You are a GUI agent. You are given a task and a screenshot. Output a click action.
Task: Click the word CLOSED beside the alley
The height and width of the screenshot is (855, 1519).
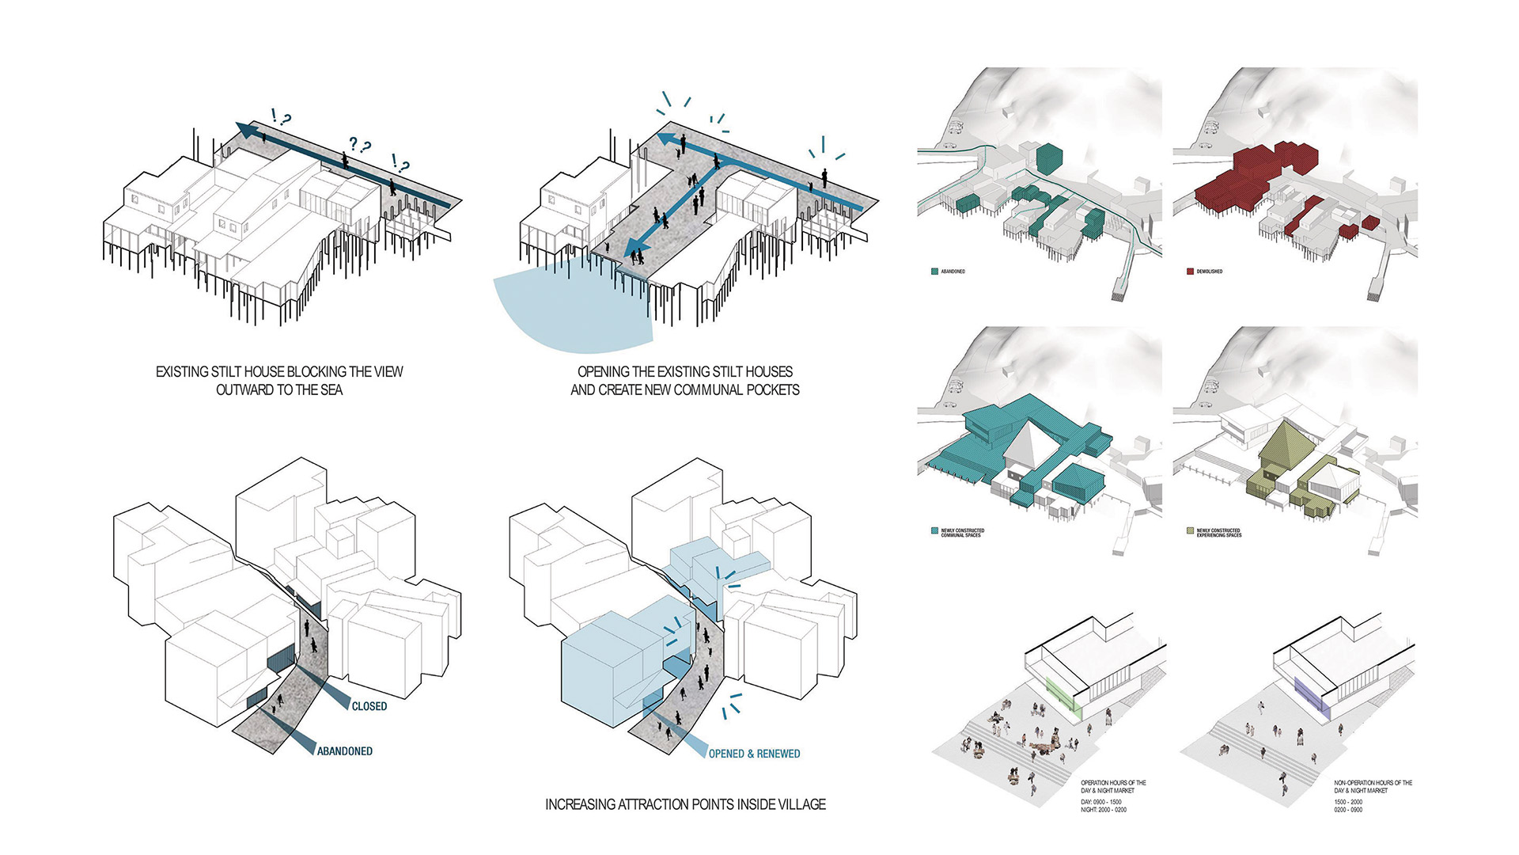point(369,706)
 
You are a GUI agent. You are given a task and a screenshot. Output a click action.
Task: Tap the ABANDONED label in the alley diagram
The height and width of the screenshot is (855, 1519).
point(345,751)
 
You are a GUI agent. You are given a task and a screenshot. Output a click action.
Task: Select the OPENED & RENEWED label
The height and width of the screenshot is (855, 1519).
point(754,754)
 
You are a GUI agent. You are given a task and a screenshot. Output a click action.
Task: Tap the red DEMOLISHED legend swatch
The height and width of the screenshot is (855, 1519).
point(1190,272)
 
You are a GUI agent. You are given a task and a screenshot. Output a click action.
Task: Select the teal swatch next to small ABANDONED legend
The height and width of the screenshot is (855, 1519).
point(934,272)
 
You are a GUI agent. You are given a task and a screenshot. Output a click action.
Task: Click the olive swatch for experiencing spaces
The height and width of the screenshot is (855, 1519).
point(1190,530)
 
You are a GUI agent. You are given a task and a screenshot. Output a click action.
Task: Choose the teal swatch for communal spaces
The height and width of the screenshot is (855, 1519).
point(934,530)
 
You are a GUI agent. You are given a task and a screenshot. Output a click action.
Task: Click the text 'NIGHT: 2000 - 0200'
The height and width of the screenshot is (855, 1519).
point(1104,810)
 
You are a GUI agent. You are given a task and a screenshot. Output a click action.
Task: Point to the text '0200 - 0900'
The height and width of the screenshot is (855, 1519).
point(1348,810)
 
